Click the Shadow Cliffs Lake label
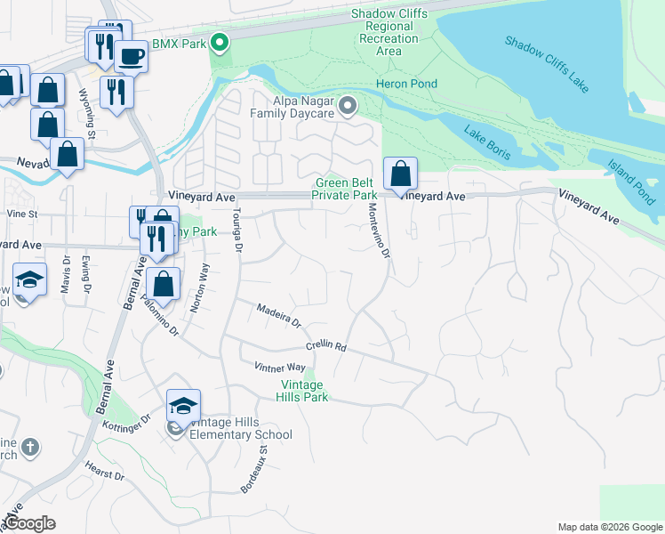(x=546, y=64)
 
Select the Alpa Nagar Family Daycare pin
(x=349, y=108)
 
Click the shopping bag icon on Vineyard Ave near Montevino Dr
(x=401, y=174)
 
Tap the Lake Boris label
(x=485, y=143)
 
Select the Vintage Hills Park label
(x=303, y=391)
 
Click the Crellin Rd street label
(x=325, y=345)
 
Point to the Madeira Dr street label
(x=278, y=314)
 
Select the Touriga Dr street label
(x=236, y=231)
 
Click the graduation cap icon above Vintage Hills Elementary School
(x=183, y=406)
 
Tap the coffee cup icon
(x=131, y=56)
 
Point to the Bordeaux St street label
(x=254, y=471)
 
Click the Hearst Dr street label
(x=105, y=470)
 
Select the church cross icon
(x=29, y=448)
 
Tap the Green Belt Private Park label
(x=347, y=189)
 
